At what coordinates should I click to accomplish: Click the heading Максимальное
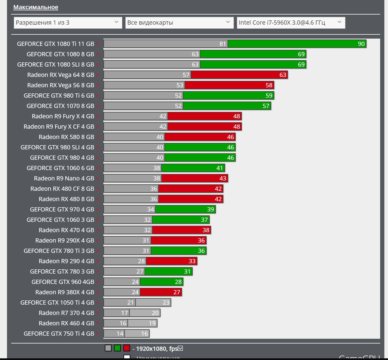coord(36,7)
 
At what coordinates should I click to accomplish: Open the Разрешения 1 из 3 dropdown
coord(68,23)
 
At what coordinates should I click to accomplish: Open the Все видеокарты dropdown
coord(179,23)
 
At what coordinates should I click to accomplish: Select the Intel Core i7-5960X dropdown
coord(291,23)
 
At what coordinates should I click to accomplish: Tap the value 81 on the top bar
coord(223,44)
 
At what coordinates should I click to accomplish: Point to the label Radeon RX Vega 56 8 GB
coord(60,85)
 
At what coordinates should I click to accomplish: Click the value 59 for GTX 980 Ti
coord(269,96)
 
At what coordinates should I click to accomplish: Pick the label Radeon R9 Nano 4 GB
coord(64,178)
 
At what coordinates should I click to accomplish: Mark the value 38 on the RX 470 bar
coord(206,230)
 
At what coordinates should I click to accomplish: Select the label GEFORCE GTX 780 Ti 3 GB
coord(59,251)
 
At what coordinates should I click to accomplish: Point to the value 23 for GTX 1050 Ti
coord(166,303)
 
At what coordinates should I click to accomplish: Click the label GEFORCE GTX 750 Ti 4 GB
coord(59,334)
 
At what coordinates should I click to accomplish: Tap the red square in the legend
coord(127,348)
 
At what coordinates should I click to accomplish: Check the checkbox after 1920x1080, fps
coord(180,348)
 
